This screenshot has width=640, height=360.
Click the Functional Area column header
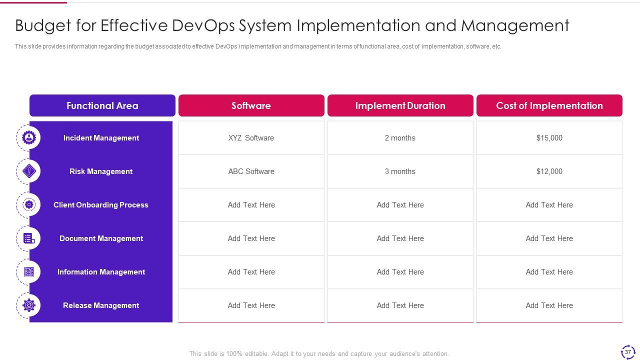tap(102, 105)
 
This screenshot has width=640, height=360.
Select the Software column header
tap(251, 105)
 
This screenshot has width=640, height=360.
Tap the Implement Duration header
tap(400, 105)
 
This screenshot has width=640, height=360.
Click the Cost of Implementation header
tap(549, 105)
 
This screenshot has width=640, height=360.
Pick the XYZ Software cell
tap(251, 138)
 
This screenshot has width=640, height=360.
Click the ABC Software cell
tap(251, 171)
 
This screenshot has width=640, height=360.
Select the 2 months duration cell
tap(400, 138)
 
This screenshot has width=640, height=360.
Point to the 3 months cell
tap(400, 171)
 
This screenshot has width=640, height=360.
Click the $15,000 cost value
tap(549, 138)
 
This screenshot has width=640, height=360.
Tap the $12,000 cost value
tap(549, 171)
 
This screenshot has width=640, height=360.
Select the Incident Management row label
tap(101, 138)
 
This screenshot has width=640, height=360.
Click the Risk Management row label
tap(101, 171)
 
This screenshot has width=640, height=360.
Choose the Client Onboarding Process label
tap(101, 205)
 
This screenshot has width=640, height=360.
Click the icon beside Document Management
tap(29, 238)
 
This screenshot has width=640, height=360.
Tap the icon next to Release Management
tap(29, 305)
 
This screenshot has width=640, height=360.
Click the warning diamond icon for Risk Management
tap(29, 171)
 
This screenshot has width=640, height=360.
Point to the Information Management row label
tap(101, 272)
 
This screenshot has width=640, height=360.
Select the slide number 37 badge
tap(628, 352)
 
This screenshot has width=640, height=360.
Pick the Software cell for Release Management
tap(251, 305)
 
